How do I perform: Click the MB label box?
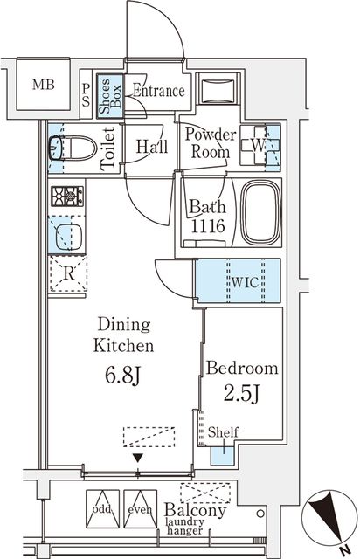[x=43, y=85]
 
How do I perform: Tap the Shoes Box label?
[x=110, y=96]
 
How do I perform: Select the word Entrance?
[x=159, y=91]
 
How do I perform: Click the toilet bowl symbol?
[x=73, y=148]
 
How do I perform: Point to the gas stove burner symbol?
[x=67, y=196]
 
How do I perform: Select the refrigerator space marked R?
[x=68, y=273]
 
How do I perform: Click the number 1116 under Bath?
[x=208, y=225]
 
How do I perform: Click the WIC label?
[x=245, y=282]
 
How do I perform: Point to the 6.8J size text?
[x=122, y=376]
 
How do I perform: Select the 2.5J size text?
[x=241, y=394]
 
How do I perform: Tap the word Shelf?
[x=223, y=432]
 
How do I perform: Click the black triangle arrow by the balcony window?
[x=138, y=458]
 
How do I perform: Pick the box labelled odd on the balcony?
[x=101, y=508]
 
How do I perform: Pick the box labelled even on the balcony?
[x=140, y=508]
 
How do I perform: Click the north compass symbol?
[x=329, y=518]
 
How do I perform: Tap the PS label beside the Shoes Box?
[x=86, y=95]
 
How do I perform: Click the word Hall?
[x=152, y=147]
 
